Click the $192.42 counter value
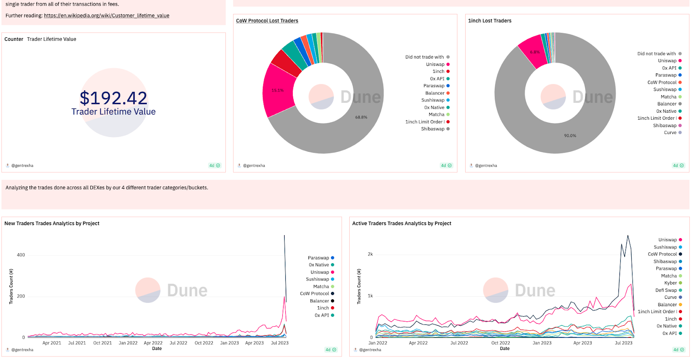point(113,98)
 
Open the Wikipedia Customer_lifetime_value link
point(106,16)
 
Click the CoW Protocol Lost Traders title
point(267,21)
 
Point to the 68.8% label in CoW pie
point(361,117)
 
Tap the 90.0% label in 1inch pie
point(570,136)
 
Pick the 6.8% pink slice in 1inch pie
point(534,52)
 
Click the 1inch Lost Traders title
point(490,21)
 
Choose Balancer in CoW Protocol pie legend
point(435,93)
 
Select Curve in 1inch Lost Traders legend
point(670,133)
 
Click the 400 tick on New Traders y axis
point(21,255)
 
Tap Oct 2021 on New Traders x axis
point(103,343)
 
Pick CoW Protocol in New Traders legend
point(314,294)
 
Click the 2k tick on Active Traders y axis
point(370,254)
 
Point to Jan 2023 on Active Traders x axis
point(542,343)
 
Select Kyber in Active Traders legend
point(670,283)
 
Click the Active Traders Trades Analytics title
point(401,223)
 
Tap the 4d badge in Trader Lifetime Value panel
point(215,166)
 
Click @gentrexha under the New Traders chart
point(22,350)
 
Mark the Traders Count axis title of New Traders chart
point(11,286)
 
